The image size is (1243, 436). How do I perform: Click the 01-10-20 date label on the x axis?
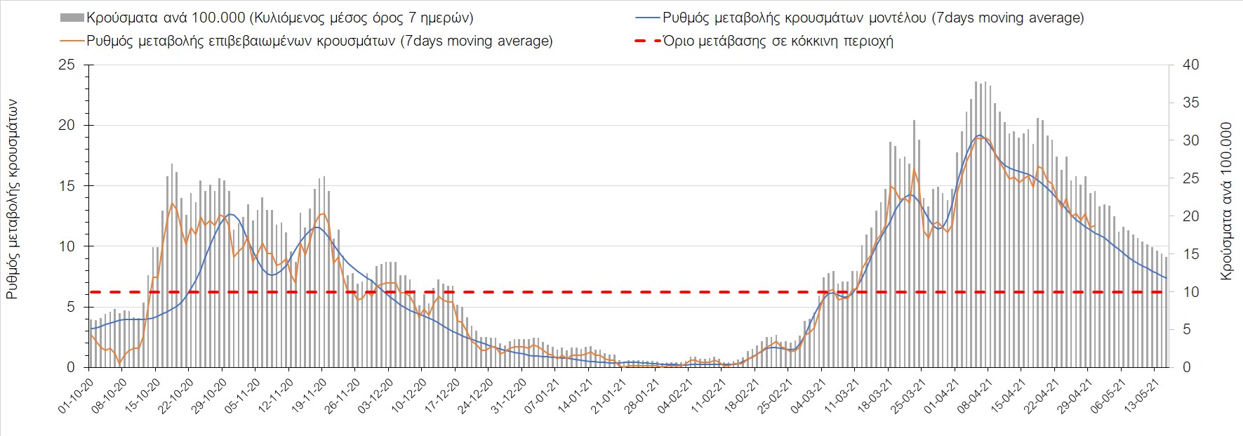pyautogui.click(x=75, y=397)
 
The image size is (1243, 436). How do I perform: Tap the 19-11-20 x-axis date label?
pyautogui.click(x=308, y=397)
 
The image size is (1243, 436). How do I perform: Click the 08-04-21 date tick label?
pyautogui.click(x=973, y=397)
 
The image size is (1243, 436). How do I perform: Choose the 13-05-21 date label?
pyautogui.click(x=1140, y=397)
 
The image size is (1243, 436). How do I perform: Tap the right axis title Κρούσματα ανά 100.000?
pyautogui.click(x=1226, y=202)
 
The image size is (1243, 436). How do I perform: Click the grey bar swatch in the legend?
pyautogui.click(x=72, y=18)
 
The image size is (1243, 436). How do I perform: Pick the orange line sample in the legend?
pyautogui.click(x=72, y=41)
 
